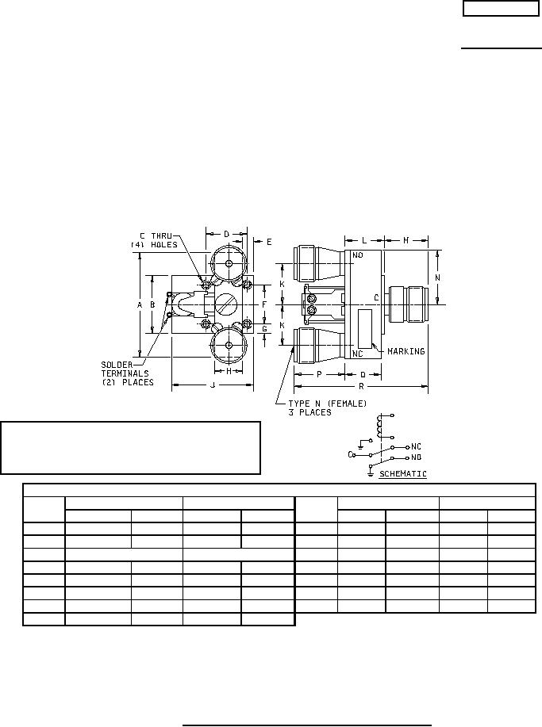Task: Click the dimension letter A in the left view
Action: tap(139, 304)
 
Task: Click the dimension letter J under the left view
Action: tap(213, 385)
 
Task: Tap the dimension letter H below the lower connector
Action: tap(229, 371)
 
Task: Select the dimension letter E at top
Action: tap(269, 241)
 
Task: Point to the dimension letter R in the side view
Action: tap(361, 386)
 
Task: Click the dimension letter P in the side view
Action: tap(319, 374)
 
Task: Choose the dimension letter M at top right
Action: tap(406, 240)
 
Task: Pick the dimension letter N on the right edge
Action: tap(437, 277)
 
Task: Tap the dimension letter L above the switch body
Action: tap(363, 240)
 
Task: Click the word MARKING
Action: tap(406, 351)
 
